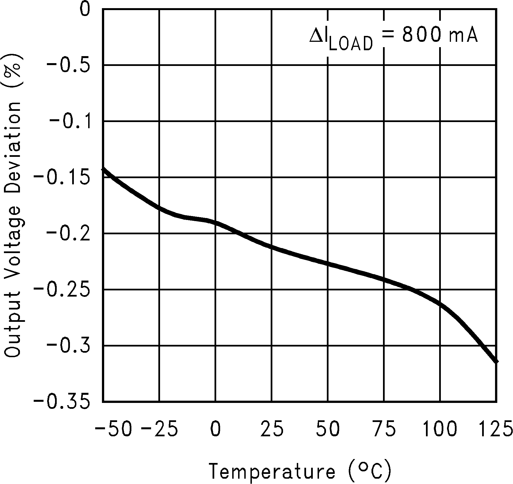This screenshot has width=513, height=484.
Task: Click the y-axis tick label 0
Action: [85, 10]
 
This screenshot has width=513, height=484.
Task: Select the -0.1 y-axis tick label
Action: [70, 122]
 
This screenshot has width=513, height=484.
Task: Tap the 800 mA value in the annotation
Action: [440, 35]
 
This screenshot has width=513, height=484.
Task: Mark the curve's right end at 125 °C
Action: [496, 362]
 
